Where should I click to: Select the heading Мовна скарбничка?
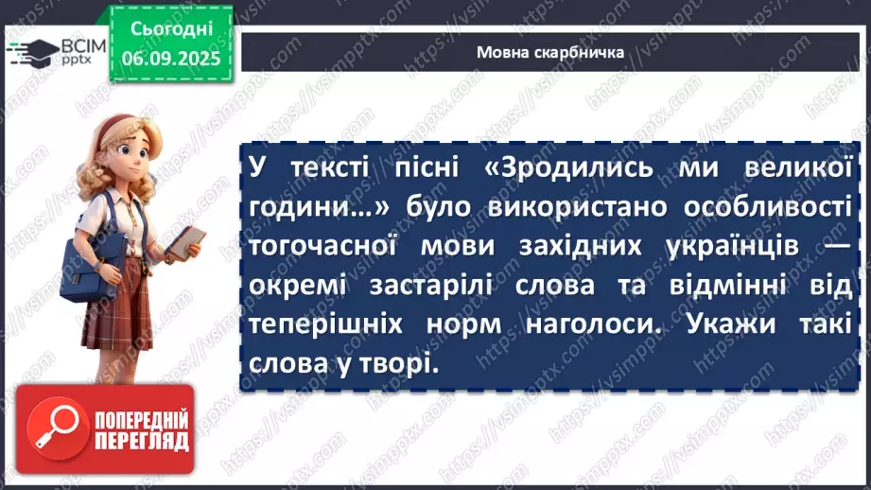click(x=549, y=53)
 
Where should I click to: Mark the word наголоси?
click(x=583, y=323)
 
